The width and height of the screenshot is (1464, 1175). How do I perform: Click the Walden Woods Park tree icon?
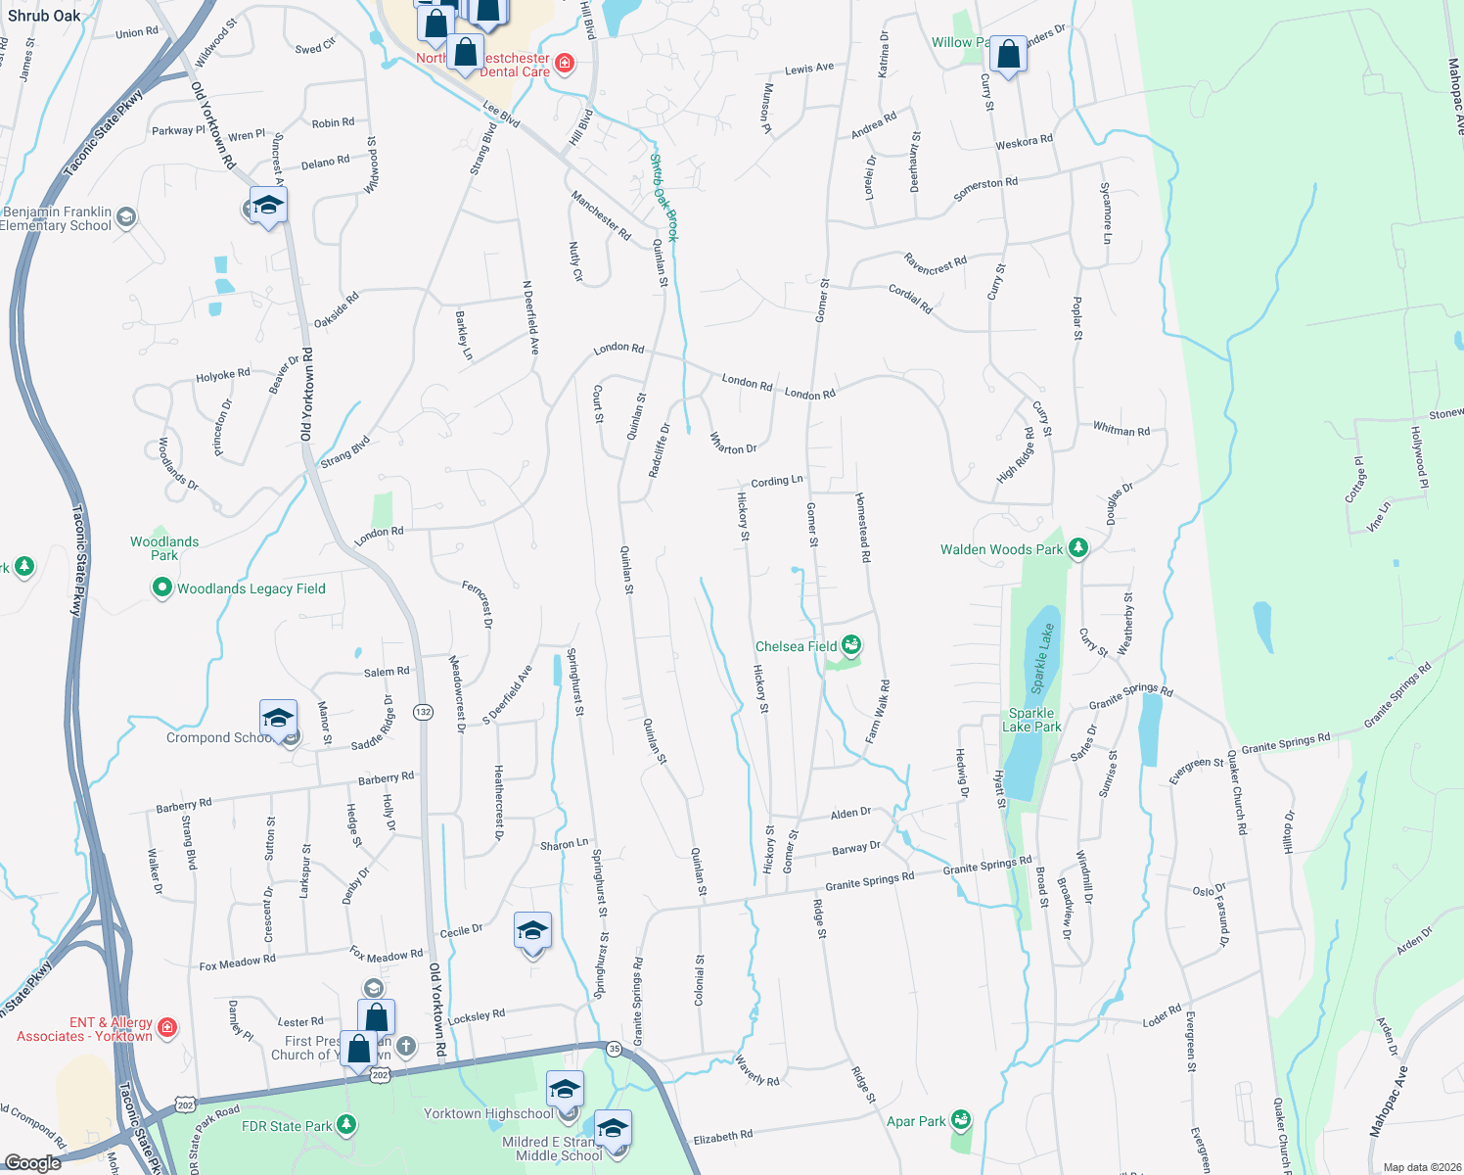tap(1078, 548)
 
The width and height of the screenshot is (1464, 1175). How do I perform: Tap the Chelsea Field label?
tap(796, 646)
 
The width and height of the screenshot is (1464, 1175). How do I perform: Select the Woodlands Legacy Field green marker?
tap(161, 587)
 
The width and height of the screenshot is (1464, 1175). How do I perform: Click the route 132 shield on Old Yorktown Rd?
tap(423, 711)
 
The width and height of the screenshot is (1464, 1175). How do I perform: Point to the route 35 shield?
tap(614, 1048)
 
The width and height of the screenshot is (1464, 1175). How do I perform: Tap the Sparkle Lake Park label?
tap(1031, 720)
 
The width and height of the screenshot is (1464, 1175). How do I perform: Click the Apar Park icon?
tap(961, 1119)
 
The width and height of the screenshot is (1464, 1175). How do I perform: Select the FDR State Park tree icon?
tap(345, 1125)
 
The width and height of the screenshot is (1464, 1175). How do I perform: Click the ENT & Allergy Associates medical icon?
tap(167, 1027)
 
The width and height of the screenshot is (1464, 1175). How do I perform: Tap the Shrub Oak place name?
tap(44, 16)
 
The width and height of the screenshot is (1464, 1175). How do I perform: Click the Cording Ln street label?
tap(776, 481)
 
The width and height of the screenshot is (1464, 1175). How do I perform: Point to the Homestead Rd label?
tap(863, 527)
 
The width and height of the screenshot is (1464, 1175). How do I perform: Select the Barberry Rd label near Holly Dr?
tap(386, 778)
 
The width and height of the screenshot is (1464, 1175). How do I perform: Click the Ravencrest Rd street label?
tap(935, 264)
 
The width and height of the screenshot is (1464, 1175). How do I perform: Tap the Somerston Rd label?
tap(984, 188)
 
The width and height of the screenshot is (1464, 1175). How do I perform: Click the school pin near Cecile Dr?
tap(532, 932)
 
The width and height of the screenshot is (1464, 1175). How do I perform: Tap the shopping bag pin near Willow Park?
tap(1008, 56)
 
